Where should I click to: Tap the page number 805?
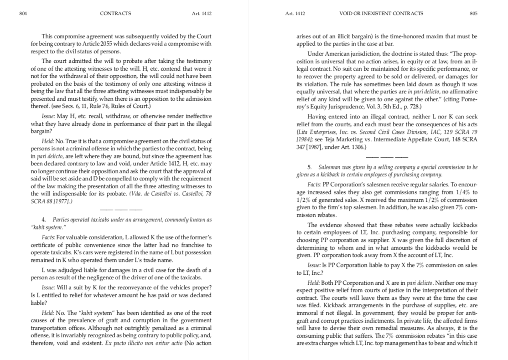pos(473,14)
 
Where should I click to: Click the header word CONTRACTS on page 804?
pos(115,14)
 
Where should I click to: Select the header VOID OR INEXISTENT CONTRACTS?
pos(381,14)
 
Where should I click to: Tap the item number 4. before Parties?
pos(44,220)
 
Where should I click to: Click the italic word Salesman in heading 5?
pos(329,168)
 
